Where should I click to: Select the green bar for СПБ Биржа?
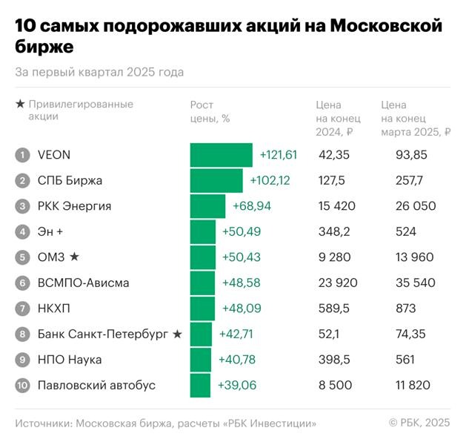click(216, 180)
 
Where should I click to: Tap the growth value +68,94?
click(252, 206)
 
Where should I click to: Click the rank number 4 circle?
click(24, 232)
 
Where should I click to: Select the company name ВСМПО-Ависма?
click(83, 283)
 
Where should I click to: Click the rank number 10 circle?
click(24, 386)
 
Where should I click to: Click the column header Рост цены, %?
click(210, 111)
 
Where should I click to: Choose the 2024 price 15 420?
click(337, 206)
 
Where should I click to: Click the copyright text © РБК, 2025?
click(419, 423)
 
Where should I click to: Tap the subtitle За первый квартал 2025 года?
click(99, 72)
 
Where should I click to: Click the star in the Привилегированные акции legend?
click(20, 105)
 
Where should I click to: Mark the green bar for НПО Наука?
click(201, 360)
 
